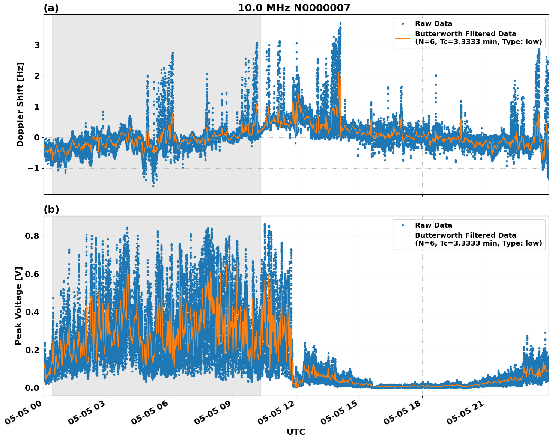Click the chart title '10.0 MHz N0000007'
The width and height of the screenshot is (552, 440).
(x=294, y=8)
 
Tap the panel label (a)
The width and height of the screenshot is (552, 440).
(x=51, y=8)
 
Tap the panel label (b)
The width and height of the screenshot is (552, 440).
(x=51, y=209)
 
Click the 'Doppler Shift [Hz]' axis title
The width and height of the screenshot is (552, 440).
(x=20, y=104)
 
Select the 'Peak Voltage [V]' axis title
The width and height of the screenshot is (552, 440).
(x=18, y=306)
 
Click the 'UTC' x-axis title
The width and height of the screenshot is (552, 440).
(x=296, y=432)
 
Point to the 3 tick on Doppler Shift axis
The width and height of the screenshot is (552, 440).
(x=37, y=45)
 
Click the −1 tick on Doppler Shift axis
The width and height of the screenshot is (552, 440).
(x=33, y=169)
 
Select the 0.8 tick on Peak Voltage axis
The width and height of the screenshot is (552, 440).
(x=32, y=236)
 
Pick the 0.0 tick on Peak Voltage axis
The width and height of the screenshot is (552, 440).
(x=32, y=388)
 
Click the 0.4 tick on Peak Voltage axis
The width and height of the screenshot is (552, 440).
(x=32, y=312)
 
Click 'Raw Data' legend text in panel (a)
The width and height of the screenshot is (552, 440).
(x=433, y=24)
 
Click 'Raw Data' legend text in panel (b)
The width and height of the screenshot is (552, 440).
(x=433, y=225)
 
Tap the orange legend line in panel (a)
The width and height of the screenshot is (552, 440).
(x=402, y=38)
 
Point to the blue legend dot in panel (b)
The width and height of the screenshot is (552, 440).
(x=402, y=225)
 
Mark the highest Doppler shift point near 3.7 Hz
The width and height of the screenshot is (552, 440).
(x=340, y=23)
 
